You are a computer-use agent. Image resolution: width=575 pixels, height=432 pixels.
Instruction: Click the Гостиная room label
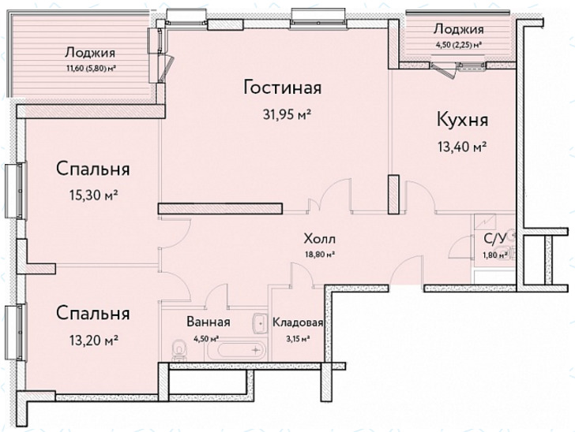283,88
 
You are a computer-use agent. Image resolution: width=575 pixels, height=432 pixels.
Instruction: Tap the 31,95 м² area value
287,115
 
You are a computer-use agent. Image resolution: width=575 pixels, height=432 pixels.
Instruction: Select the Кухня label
462,120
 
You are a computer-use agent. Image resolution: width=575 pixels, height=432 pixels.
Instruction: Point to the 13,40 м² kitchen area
462,147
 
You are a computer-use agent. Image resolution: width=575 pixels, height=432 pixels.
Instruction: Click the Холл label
319,239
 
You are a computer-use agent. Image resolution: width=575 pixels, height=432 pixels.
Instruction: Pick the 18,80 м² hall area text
319,255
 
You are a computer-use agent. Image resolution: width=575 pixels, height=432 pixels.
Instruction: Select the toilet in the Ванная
179,350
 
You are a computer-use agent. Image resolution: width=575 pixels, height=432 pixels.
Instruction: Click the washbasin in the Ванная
261,323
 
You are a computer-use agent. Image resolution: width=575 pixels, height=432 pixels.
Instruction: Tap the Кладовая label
298,322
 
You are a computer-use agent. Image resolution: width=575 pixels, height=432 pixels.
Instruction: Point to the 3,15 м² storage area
298,339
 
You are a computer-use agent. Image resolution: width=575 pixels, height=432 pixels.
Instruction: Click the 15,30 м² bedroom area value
93,196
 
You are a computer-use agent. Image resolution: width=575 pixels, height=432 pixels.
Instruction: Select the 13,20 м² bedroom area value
93,341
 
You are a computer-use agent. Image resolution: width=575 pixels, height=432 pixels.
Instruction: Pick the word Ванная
209,322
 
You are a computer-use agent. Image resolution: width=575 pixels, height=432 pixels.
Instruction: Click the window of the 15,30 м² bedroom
16,190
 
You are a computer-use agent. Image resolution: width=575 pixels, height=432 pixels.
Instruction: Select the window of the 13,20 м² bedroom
16,333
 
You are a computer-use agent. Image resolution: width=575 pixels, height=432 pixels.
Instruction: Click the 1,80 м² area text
495,255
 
